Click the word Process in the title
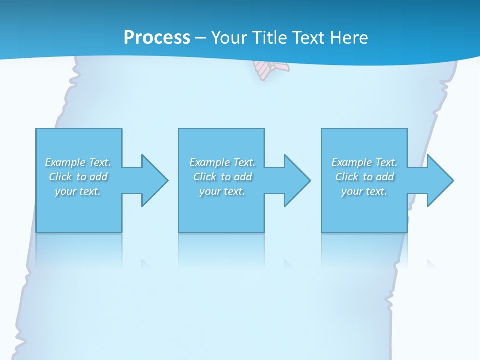157,38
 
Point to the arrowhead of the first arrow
155,180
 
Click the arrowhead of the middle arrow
297,180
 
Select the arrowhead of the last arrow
440,180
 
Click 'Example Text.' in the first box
78,162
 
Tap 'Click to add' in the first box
78,177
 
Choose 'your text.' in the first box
78,191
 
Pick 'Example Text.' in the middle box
222,162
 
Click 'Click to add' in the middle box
222,177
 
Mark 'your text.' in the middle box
222,191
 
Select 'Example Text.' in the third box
364,162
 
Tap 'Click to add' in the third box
365,177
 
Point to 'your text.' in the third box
364,191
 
